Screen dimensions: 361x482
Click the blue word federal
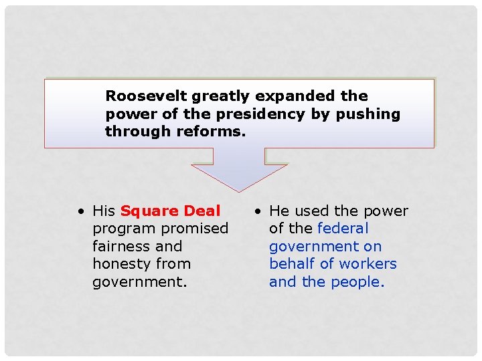coord(343,229)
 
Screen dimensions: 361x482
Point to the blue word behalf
coord(293,264)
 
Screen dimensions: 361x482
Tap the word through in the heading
coord(138,131)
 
